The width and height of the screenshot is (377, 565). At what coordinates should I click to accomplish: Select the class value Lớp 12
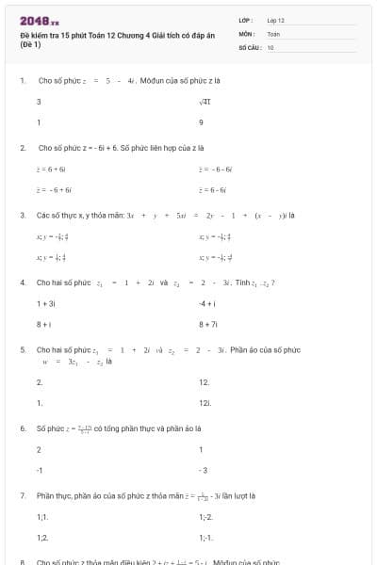click(276, 20)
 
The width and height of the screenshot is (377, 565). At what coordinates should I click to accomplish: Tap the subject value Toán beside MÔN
click(273, 33)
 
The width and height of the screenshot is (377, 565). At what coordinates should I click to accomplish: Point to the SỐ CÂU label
click(248, 46)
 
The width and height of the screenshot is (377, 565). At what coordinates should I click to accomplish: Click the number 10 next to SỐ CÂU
click(270, 46)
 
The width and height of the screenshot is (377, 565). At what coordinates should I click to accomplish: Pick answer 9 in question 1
click(201, 122)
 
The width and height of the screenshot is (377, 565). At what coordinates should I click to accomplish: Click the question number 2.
click(23, 148)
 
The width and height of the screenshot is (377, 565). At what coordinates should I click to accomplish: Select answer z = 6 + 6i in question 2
click(50, 169)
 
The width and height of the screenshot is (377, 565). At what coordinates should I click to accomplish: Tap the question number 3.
click(23, 215)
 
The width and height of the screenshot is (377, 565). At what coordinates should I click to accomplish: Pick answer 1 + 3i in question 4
click(45, 303)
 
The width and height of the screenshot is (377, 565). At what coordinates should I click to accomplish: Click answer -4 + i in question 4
click(208, 303)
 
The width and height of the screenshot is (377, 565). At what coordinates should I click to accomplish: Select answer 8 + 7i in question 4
click(208, 324)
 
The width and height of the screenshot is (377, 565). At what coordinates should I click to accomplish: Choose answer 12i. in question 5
click(205, 403)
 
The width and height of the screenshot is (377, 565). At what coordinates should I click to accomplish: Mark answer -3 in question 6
click(203, 469)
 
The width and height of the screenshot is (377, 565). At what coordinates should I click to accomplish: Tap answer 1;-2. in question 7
click(205, 516)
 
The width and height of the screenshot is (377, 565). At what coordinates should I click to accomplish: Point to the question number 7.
click(23, 495)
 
